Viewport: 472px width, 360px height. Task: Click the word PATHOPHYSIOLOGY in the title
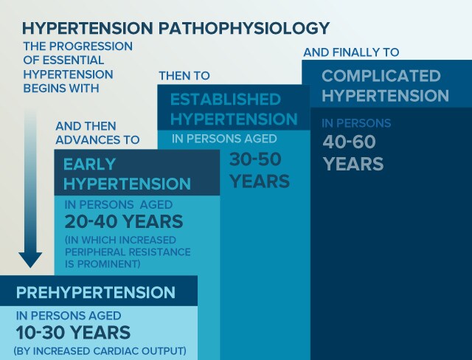click(244, 28)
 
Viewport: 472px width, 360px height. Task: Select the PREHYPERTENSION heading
click(96, 292)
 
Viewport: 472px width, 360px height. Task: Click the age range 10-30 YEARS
click(73, 333)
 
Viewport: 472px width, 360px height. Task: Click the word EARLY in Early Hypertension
click(90, 165)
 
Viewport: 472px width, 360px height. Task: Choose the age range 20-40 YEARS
click(124, 221)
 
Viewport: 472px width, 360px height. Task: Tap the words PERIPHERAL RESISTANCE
click(128, 252)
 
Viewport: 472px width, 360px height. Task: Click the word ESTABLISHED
click(226, 100)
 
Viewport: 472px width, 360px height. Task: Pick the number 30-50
click(255, 159)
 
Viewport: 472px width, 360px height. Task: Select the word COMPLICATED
click(381, 75)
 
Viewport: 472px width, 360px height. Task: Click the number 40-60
click(349, 142)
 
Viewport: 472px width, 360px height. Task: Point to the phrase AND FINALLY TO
click(351, 52)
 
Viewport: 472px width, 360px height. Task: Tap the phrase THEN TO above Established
click(184, 75)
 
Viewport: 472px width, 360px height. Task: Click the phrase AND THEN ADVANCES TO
click(97, 133)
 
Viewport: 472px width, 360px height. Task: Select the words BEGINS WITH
click(61, 89)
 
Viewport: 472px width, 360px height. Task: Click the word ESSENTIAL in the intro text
click(74, 60)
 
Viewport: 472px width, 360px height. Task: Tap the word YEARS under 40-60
click(353, 164)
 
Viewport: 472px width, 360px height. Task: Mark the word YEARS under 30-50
click(260, 181)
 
